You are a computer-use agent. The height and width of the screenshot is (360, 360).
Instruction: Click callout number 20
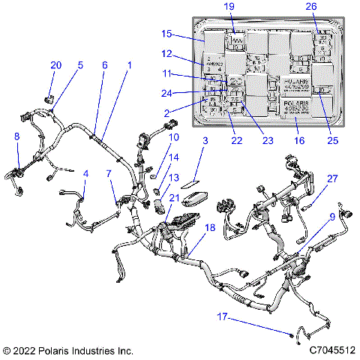(55, 65)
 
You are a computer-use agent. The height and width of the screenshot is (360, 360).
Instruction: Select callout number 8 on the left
(17, 136)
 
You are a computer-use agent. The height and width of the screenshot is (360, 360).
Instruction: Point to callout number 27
(331, 178)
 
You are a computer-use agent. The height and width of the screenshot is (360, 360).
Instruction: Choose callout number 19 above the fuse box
(229, 7)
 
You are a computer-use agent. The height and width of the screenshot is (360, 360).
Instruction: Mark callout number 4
(85, 173)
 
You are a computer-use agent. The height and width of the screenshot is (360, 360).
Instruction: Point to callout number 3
(204, 140)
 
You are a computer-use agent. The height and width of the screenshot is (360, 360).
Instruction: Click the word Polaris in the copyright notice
(52, 350)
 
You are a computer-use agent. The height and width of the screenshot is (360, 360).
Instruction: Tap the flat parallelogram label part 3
(191, 180)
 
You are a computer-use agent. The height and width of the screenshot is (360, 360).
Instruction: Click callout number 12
(167, 53)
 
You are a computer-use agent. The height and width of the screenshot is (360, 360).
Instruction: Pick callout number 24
(168, 93)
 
